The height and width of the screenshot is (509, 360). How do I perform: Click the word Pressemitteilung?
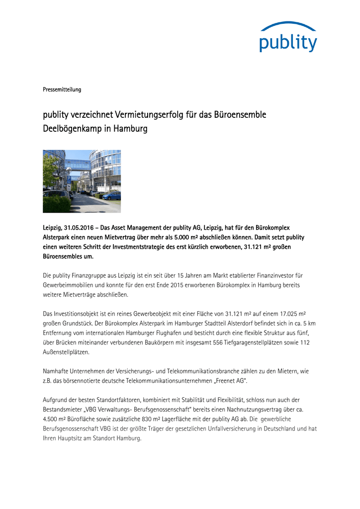pyautogui.click(x=62, y=89)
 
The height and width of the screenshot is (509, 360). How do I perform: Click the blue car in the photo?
pyautogui.click(x=112, y=195)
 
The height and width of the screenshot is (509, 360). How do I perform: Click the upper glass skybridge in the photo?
pyautogui.click(x=77, y=163)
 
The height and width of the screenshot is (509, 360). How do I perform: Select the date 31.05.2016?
pyautogui.click(x=81, y=228)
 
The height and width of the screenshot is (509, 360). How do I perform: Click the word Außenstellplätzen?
pyautogui.click(x=66, y=352)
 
